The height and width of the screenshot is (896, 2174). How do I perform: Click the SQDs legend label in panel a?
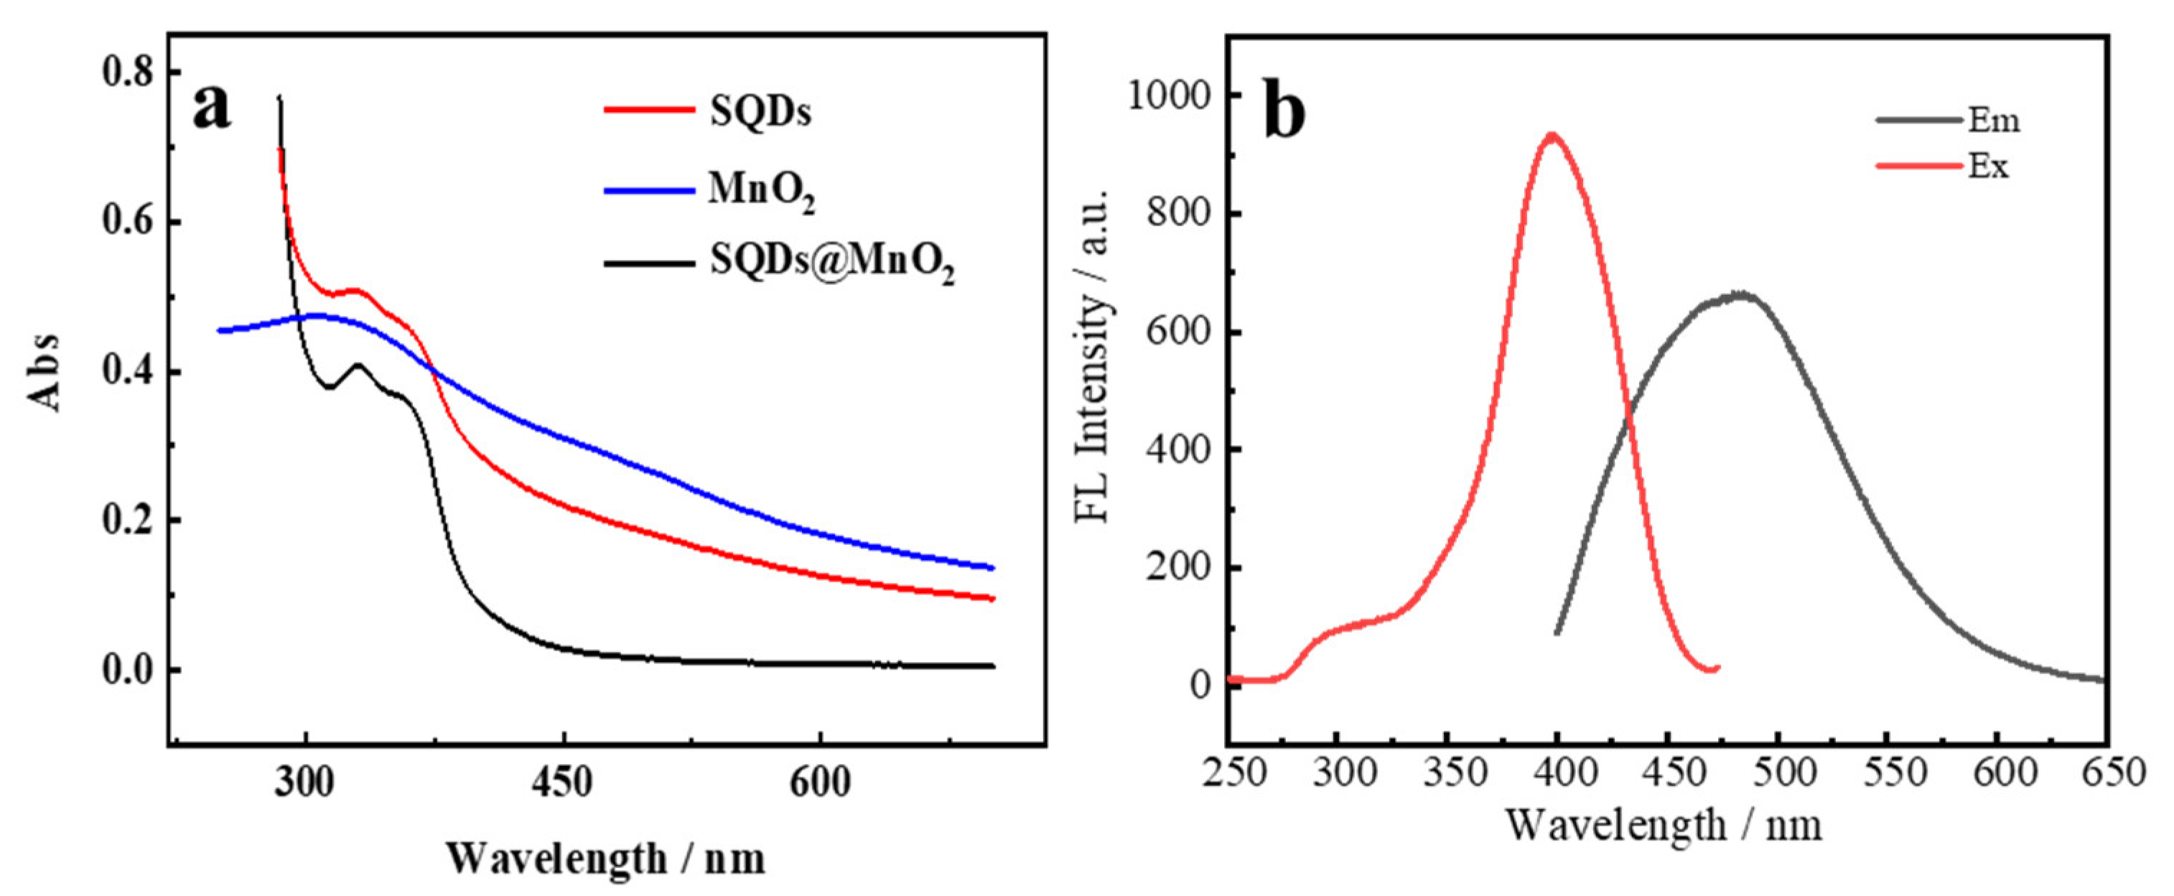pyautogui.click(x=760, y=111)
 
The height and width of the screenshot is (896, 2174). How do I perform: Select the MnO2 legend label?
pyautogui.click(x=761, y=192)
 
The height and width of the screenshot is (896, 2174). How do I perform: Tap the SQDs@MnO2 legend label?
pyautogui.click(x=832, y=263)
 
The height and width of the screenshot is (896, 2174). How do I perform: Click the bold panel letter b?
pyautogui.click(x=1284, y=111)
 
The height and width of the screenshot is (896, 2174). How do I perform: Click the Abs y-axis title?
pyautogui.click(x=47, y=372)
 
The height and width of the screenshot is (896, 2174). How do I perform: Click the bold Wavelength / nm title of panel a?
pyautogui.click(x=606, y=859)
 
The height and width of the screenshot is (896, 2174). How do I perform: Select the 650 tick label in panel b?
pyautogui.click(x=2107, y=772)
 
